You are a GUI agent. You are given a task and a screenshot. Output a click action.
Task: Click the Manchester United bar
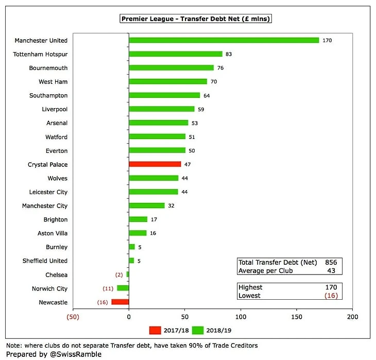(224, 40)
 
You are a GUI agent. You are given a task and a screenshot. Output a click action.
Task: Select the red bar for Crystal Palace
(155, 164)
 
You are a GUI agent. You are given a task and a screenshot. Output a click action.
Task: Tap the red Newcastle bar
(120, 302)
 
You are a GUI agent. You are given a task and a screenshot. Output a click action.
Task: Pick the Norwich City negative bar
(123, 288)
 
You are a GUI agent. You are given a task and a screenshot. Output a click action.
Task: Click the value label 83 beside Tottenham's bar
(229, 54)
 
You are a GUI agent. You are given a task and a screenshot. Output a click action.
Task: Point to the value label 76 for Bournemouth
(220, 68)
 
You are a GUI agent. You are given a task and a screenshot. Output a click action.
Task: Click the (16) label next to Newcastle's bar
(102, 302)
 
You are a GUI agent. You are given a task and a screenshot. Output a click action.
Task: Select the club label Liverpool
(55, 109)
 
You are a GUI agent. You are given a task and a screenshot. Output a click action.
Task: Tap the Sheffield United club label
(45, 261)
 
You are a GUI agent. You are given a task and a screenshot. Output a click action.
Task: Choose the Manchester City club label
(45, 205)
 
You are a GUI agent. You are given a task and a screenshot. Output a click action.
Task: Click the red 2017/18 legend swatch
(155, 330)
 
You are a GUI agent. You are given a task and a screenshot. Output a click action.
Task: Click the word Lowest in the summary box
(249, 296)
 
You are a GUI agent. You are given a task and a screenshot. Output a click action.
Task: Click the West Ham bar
(168, 81)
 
